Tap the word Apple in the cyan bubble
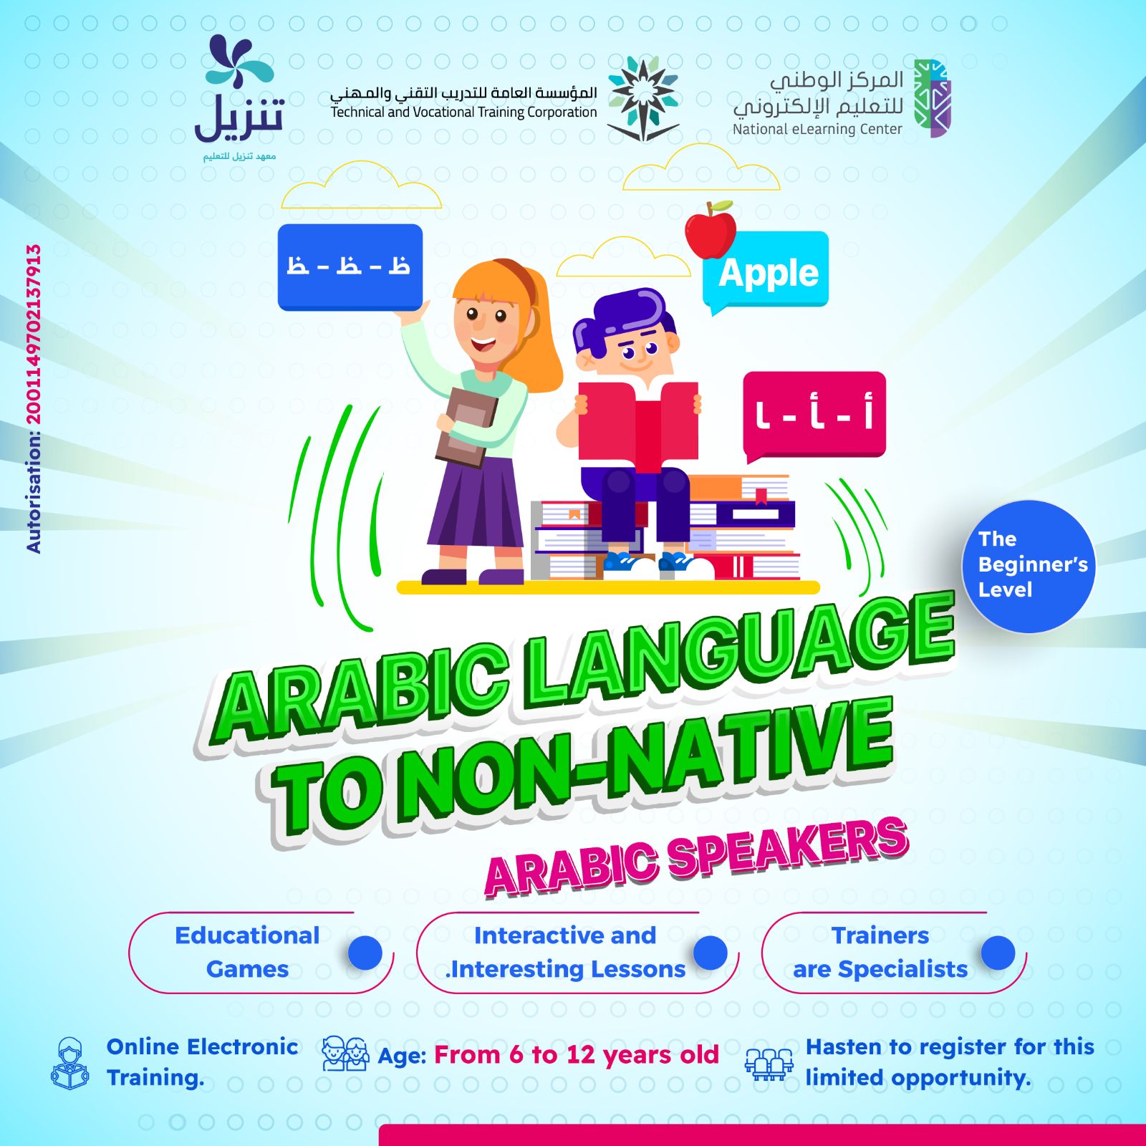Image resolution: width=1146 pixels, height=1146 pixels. tap(769, 273)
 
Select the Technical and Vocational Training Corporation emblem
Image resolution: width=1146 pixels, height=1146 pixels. tap(642, 98)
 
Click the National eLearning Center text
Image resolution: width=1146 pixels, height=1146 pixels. tap(817, 129)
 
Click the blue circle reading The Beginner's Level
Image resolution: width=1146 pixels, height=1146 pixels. tap(1029, 566)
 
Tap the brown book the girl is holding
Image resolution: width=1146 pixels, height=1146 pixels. tap(466, 427)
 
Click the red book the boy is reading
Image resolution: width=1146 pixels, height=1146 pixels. tap(637, 423)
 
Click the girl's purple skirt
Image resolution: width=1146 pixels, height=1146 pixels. tap(476, 503)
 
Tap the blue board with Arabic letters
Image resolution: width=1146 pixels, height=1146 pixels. tap(350, 266)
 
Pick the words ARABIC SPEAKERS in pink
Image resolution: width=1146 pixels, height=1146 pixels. tap(697, 857)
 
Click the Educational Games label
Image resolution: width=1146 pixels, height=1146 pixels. tap(247, 952)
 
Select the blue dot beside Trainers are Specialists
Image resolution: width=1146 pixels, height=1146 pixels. tap(998, 953)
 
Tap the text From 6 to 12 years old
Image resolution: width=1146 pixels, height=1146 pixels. tap(577, 1055)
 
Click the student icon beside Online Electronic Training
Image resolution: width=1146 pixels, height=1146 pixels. tap(70, 1064)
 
